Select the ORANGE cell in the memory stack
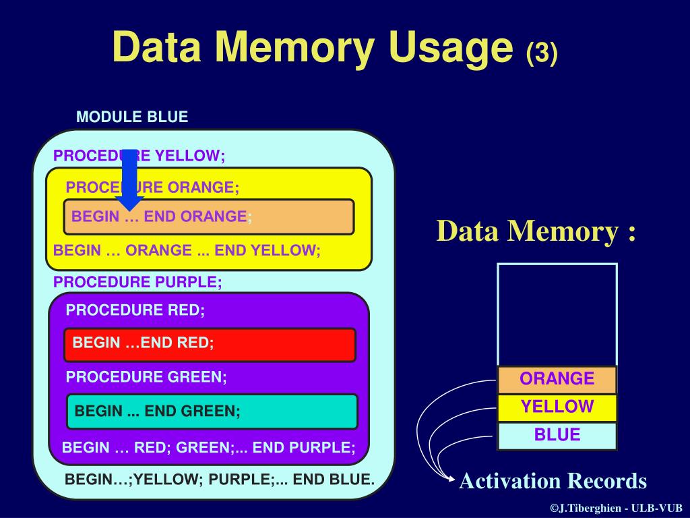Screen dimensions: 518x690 click(x=557, y=379)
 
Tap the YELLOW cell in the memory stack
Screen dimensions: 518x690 click(x=557, y=407)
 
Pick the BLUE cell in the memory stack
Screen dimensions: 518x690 click(x=557, y=435)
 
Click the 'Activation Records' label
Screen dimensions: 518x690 click(x=553, y=482)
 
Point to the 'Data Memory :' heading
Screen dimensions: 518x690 click(x=536, y=231)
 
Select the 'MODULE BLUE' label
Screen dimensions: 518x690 click(x=132, y=117)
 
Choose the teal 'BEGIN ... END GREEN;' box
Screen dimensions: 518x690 click(x=212, y=411)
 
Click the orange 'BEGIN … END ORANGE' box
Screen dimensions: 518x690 click(x=208, y=217)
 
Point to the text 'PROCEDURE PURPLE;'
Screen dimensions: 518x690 click(x=137, y=282)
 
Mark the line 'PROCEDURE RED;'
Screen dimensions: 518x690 click(x=135, y=310)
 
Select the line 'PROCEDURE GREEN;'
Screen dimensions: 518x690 click(x=146, y=377)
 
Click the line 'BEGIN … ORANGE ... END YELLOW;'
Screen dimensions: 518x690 click(x=187, y=250)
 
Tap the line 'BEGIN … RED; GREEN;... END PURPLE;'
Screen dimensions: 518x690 click(x=208, y=447)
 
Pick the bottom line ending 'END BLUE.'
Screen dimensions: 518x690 click(x=219, y=480)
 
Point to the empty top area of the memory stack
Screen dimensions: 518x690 click(x=557, y=314)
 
